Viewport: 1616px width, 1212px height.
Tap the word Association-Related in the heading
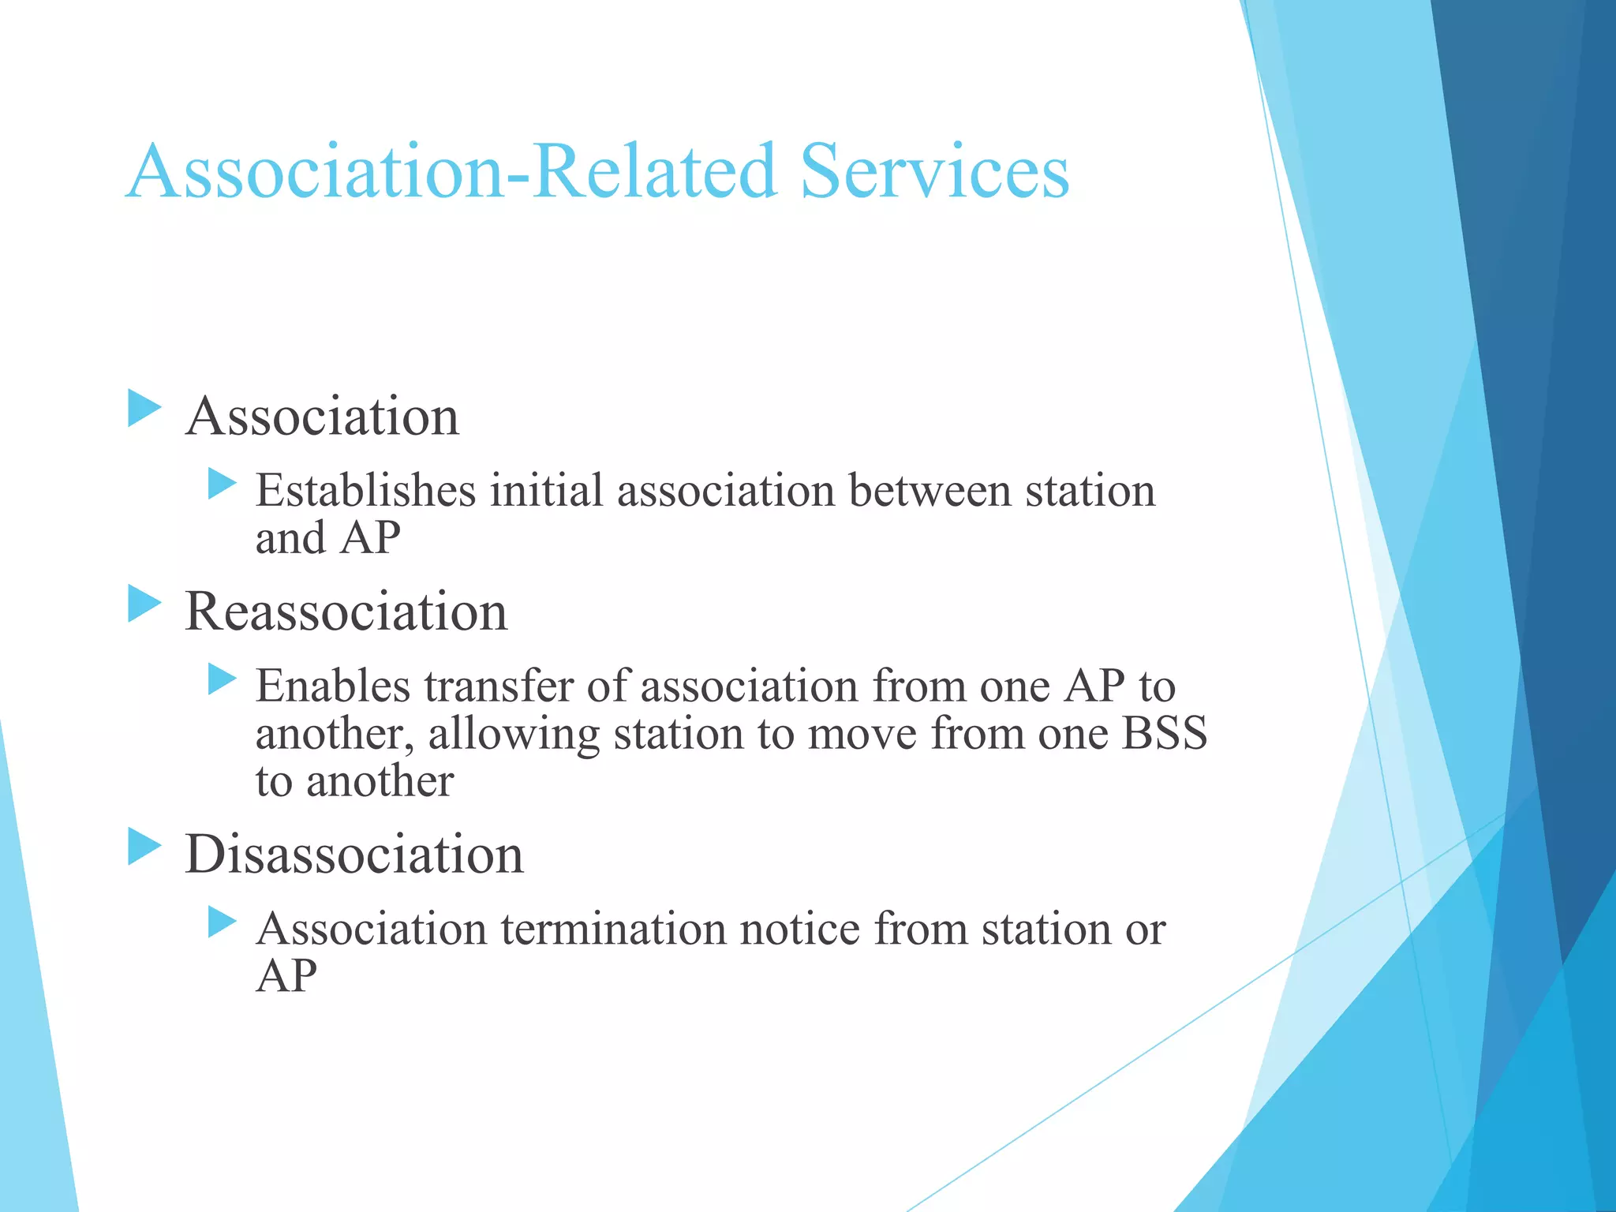tap(451, 171)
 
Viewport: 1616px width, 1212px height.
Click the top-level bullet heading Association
tap(322, 416)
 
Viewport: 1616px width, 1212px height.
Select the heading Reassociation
tap(346, 612)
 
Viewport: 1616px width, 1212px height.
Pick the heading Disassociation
tap(354, 855)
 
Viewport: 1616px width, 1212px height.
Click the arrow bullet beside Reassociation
tap(144, 604)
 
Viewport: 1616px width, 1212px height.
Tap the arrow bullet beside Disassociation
tap(144, 847)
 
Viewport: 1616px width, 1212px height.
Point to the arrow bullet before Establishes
tap(222, 484)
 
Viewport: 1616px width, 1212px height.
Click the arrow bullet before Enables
tap(222, 679)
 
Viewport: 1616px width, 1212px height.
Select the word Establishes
tap(365, 491)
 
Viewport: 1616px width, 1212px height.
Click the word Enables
tap(332, 686)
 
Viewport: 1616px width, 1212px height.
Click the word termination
tap(612, 929)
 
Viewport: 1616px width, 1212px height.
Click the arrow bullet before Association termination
tap(222, 922)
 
